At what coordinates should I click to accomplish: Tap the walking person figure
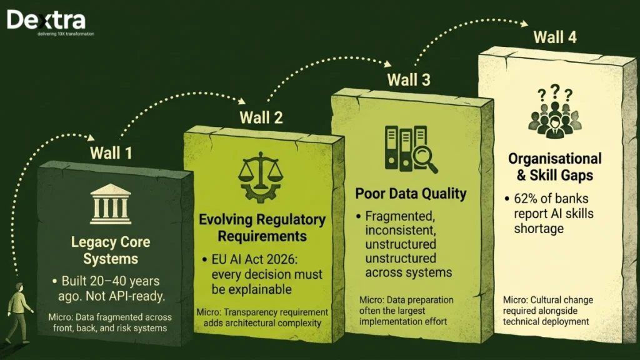coord(18,312)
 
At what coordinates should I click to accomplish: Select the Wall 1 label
coord(111,153)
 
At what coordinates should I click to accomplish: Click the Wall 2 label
coord(261,117)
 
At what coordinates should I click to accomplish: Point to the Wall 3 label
coord(409,79)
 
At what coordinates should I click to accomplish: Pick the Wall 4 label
coord(555,37)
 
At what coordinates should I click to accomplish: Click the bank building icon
coord(111,204)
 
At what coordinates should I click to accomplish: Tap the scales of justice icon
coord(261,177)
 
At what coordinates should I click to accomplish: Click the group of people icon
coord(555,119)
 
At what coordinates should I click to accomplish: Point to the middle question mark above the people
coord(555,91)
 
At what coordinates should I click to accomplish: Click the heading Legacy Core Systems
coord(111,250)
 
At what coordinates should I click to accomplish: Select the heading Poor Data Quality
coord(411,194)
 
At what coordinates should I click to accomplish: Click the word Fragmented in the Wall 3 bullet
coord(400,216)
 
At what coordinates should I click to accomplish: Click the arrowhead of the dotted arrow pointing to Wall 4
coord(524,24)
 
